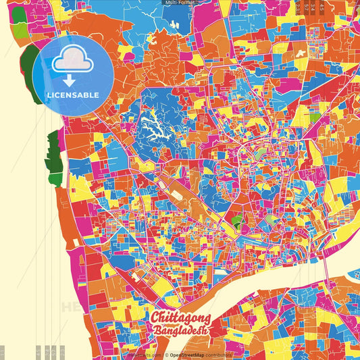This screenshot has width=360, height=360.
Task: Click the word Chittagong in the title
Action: pyautogui.click(x=180, y=318)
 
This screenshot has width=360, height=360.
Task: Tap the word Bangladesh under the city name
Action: pyautogui.click(x=180, y=331)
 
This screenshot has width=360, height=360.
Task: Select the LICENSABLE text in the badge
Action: pyautogui.click(x=73, y=95)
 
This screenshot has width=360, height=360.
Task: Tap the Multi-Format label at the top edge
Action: pyautogui.click(x=180, y=3)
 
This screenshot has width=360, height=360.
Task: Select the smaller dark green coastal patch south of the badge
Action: pyautogui.click(x=53, y=152)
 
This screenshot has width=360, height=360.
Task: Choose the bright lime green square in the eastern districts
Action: pyautogui.click(x=237, y=220)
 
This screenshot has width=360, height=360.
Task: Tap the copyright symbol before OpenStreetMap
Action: pyautogui.click(x=165, y=355)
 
